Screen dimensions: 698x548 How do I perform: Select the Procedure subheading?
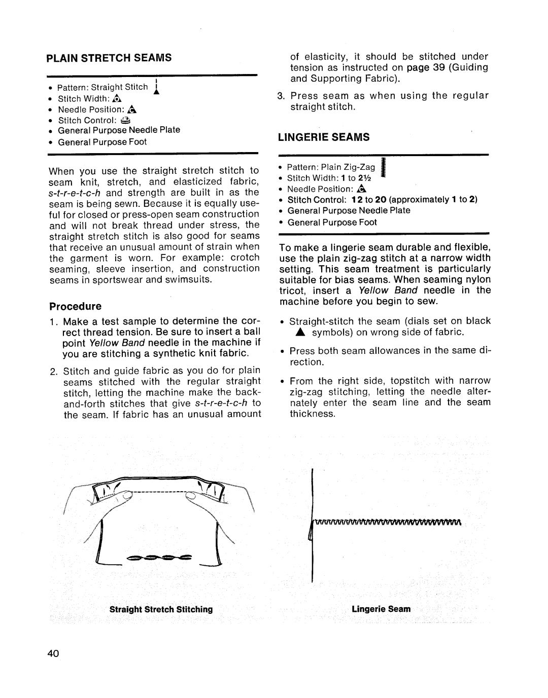(75, 306)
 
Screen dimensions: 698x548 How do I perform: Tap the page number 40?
(55, 653)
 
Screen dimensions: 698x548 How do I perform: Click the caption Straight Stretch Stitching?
(161, 609)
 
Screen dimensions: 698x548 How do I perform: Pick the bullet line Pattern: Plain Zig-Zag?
(331, 167)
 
